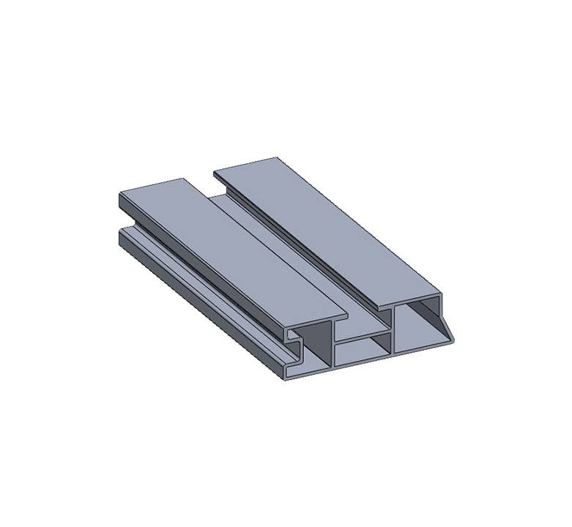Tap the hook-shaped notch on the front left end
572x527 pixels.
[294, 341]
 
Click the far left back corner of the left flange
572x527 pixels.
[119, 193]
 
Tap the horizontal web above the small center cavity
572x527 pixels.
[362, 337]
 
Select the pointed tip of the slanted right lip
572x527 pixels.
[453, 340]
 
